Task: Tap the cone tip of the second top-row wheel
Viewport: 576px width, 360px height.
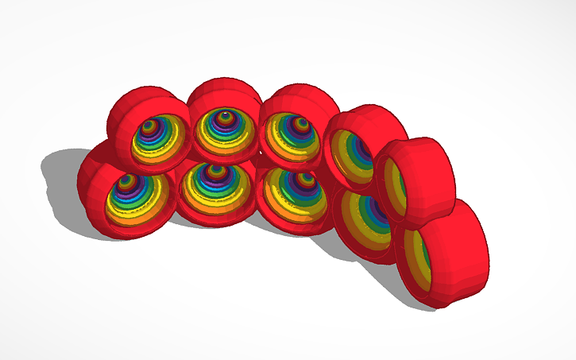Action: pos(225,117)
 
